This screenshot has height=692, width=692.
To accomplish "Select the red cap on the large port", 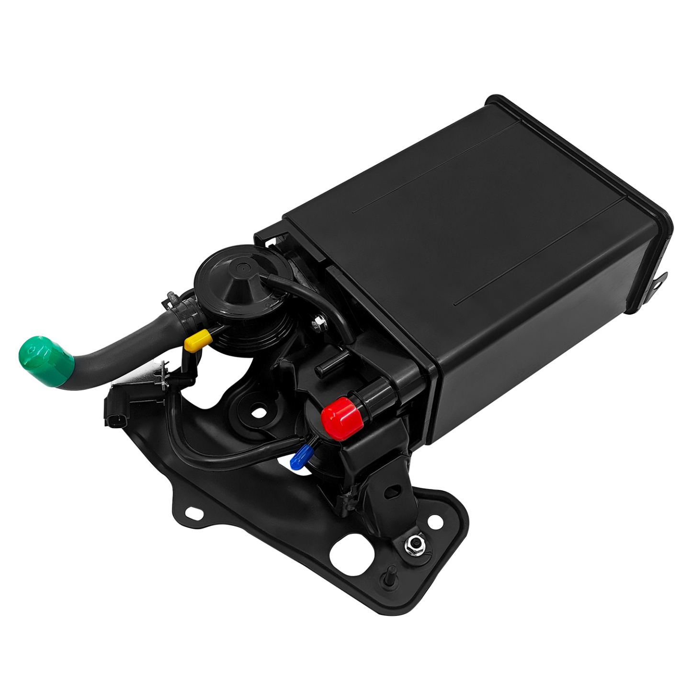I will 341,418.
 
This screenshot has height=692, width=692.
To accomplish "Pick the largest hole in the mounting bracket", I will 352,556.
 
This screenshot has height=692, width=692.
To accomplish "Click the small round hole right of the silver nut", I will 435,522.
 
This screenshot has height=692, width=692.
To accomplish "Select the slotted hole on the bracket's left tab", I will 194,513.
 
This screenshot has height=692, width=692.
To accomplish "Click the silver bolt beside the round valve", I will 318,325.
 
